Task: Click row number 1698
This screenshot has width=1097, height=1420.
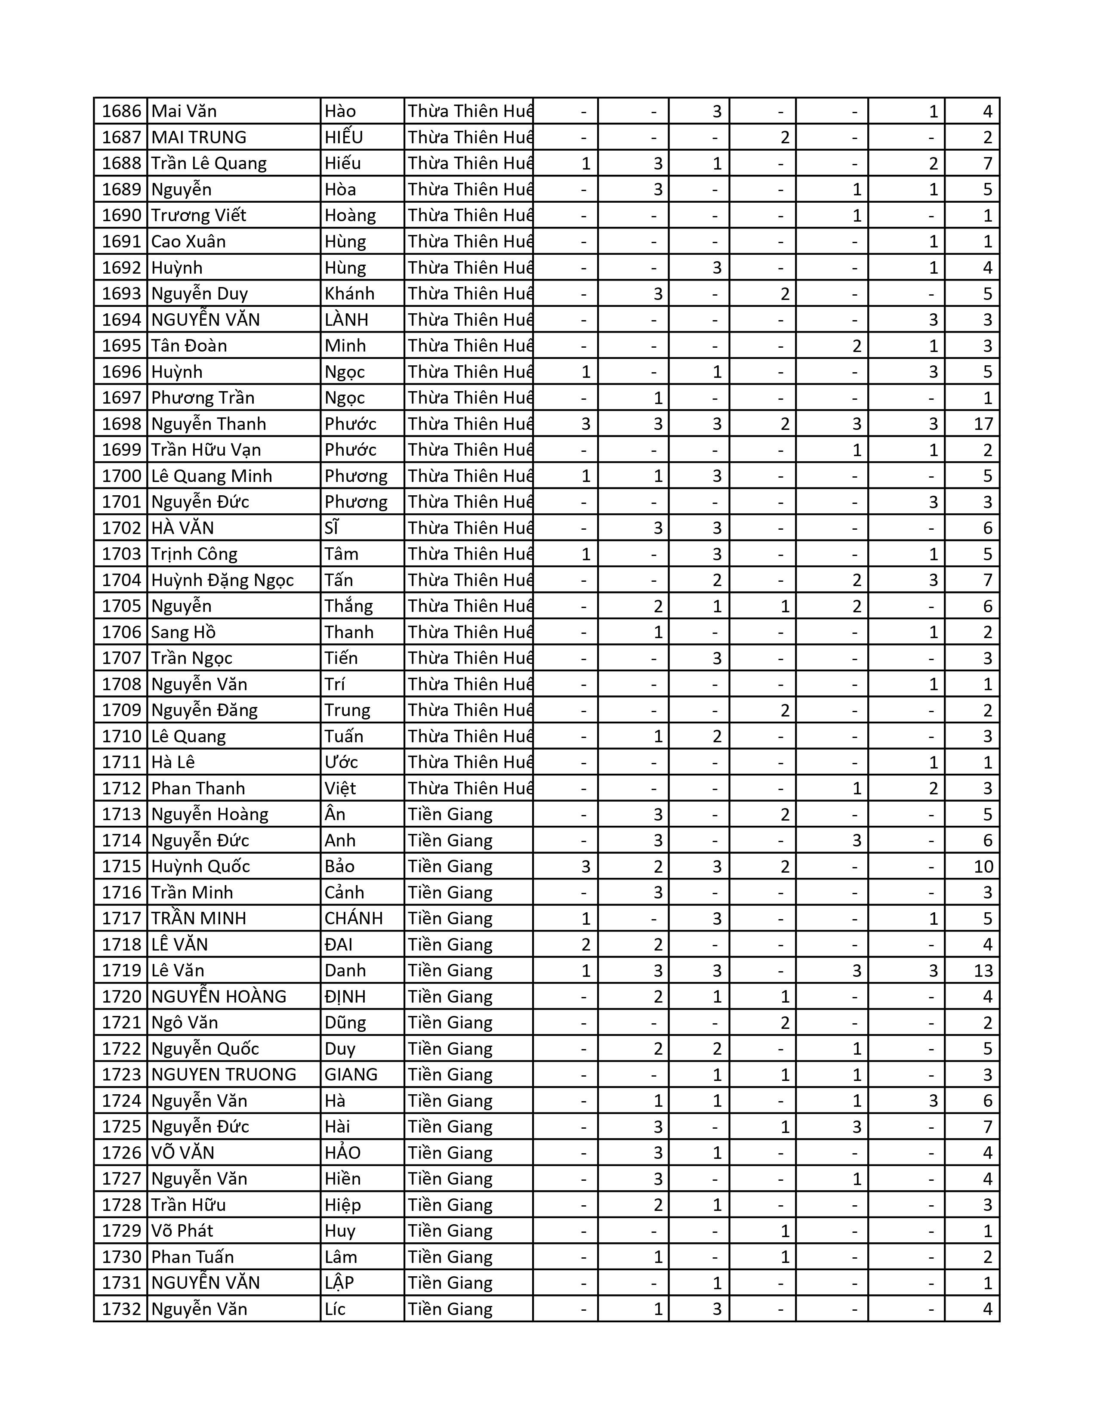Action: pos(121,424)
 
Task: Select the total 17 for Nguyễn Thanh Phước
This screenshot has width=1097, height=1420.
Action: pos(983,424)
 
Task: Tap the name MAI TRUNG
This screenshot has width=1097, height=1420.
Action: pos(199,137)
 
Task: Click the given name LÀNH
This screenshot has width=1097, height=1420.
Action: pos(346,320)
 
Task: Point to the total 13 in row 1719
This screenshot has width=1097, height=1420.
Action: pos(983,971)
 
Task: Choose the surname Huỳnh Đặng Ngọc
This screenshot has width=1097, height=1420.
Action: pos(222,580)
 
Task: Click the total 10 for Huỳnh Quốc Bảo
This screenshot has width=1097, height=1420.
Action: pos(983,867)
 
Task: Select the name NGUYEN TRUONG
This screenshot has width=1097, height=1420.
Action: pos(224,1075)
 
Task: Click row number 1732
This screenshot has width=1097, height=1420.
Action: pos(121,1309)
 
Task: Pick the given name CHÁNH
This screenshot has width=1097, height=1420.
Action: pos(354,919)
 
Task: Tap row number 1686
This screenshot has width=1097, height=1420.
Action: pos(121,111)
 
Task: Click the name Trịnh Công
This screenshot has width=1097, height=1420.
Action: pos(194,554)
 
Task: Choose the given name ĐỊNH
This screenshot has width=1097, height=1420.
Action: pos(345,997)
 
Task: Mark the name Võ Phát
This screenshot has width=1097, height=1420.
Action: pos(182,1231)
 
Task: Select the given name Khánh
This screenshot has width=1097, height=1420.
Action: pos(350,294)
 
